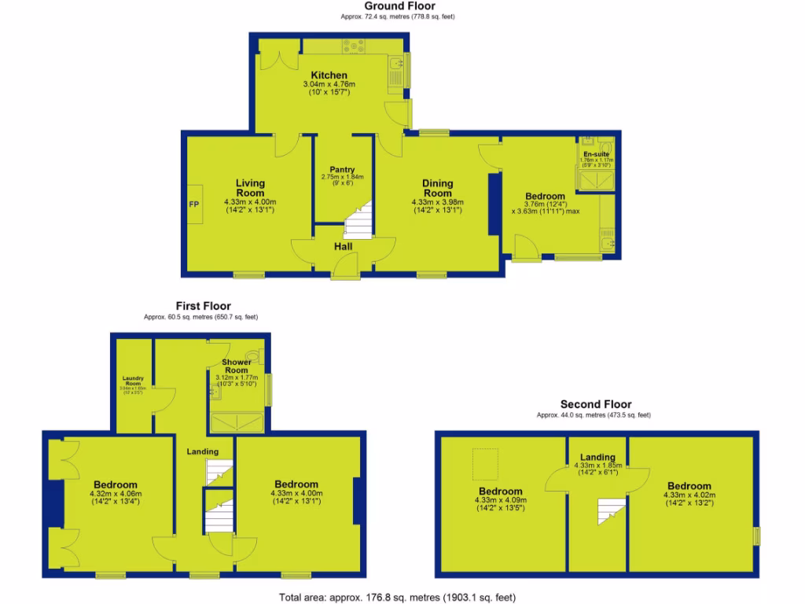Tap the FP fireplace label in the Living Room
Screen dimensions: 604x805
[193, 204]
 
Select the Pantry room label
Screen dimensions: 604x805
[342, 170]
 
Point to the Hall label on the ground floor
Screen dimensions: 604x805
[343, 247]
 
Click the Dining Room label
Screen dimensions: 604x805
[437, 188]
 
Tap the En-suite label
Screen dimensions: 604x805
[595, 154]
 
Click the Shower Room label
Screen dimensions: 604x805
[237, 366]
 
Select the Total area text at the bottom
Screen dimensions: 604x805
[398, 597]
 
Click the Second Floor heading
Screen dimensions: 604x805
[595, 404]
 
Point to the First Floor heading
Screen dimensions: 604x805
[203, 306]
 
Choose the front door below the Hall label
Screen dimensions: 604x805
[343, 267]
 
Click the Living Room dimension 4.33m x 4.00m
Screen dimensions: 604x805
[251, 202]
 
